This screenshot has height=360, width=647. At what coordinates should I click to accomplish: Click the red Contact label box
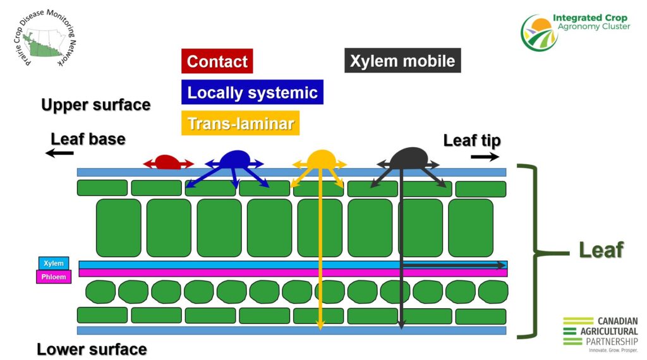click(217, 61)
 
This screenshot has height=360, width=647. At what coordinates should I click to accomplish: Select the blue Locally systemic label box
click(252, 92)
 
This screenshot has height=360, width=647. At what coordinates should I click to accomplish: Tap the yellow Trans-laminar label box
click(240, 123)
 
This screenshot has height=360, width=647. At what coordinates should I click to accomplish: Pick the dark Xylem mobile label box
click(402, 61)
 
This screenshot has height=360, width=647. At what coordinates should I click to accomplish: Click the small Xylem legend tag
click(54, 263)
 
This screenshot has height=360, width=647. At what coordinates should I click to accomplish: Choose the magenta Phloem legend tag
click(54, 277)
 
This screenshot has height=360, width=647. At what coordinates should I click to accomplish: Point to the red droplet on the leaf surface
click(167, 162)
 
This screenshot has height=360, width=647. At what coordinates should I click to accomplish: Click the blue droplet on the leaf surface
click(235, 160)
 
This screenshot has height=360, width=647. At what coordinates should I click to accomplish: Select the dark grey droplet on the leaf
click(409, 159)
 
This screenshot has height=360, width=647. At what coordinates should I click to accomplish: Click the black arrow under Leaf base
click(59, 153)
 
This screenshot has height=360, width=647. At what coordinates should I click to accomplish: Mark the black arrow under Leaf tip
click(485, 157)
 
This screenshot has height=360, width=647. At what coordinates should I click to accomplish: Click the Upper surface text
click(96, 105)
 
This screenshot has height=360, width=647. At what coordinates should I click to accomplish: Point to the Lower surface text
click(92, 349)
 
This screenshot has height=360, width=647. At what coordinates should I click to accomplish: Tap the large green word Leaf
click(601, 250)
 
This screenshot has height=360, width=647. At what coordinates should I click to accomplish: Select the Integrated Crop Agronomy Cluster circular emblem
click(540, 33)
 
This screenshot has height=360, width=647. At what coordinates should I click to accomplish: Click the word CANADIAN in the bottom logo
click(617, 321)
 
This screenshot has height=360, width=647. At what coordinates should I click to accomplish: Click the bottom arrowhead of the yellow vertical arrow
click(320, 326)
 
